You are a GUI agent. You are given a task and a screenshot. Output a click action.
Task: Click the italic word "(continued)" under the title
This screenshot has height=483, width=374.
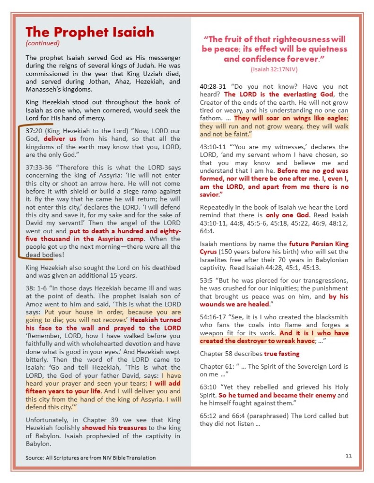click(x=43, y=43)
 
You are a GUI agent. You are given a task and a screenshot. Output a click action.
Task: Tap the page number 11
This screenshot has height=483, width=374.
click(x=348, y=455)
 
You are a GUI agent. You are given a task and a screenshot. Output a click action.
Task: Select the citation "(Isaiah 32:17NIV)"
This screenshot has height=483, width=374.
click(x=274, y=69)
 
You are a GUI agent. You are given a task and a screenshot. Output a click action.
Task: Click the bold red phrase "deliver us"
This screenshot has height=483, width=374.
click(x=61, y=139)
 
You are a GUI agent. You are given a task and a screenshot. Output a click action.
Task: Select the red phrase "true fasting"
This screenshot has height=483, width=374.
click(x=282, y=353)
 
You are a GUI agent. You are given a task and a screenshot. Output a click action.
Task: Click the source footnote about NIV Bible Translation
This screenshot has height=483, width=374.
click(x=90, y=458)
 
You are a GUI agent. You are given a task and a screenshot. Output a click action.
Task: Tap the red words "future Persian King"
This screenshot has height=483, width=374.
click(x=320, y=244)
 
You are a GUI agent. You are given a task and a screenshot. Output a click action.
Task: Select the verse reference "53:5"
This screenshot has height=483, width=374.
click(x=207, y=280)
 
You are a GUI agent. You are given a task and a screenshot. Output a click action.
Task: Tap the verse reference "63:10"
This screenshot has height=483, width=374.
click(x=208, y=387)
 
